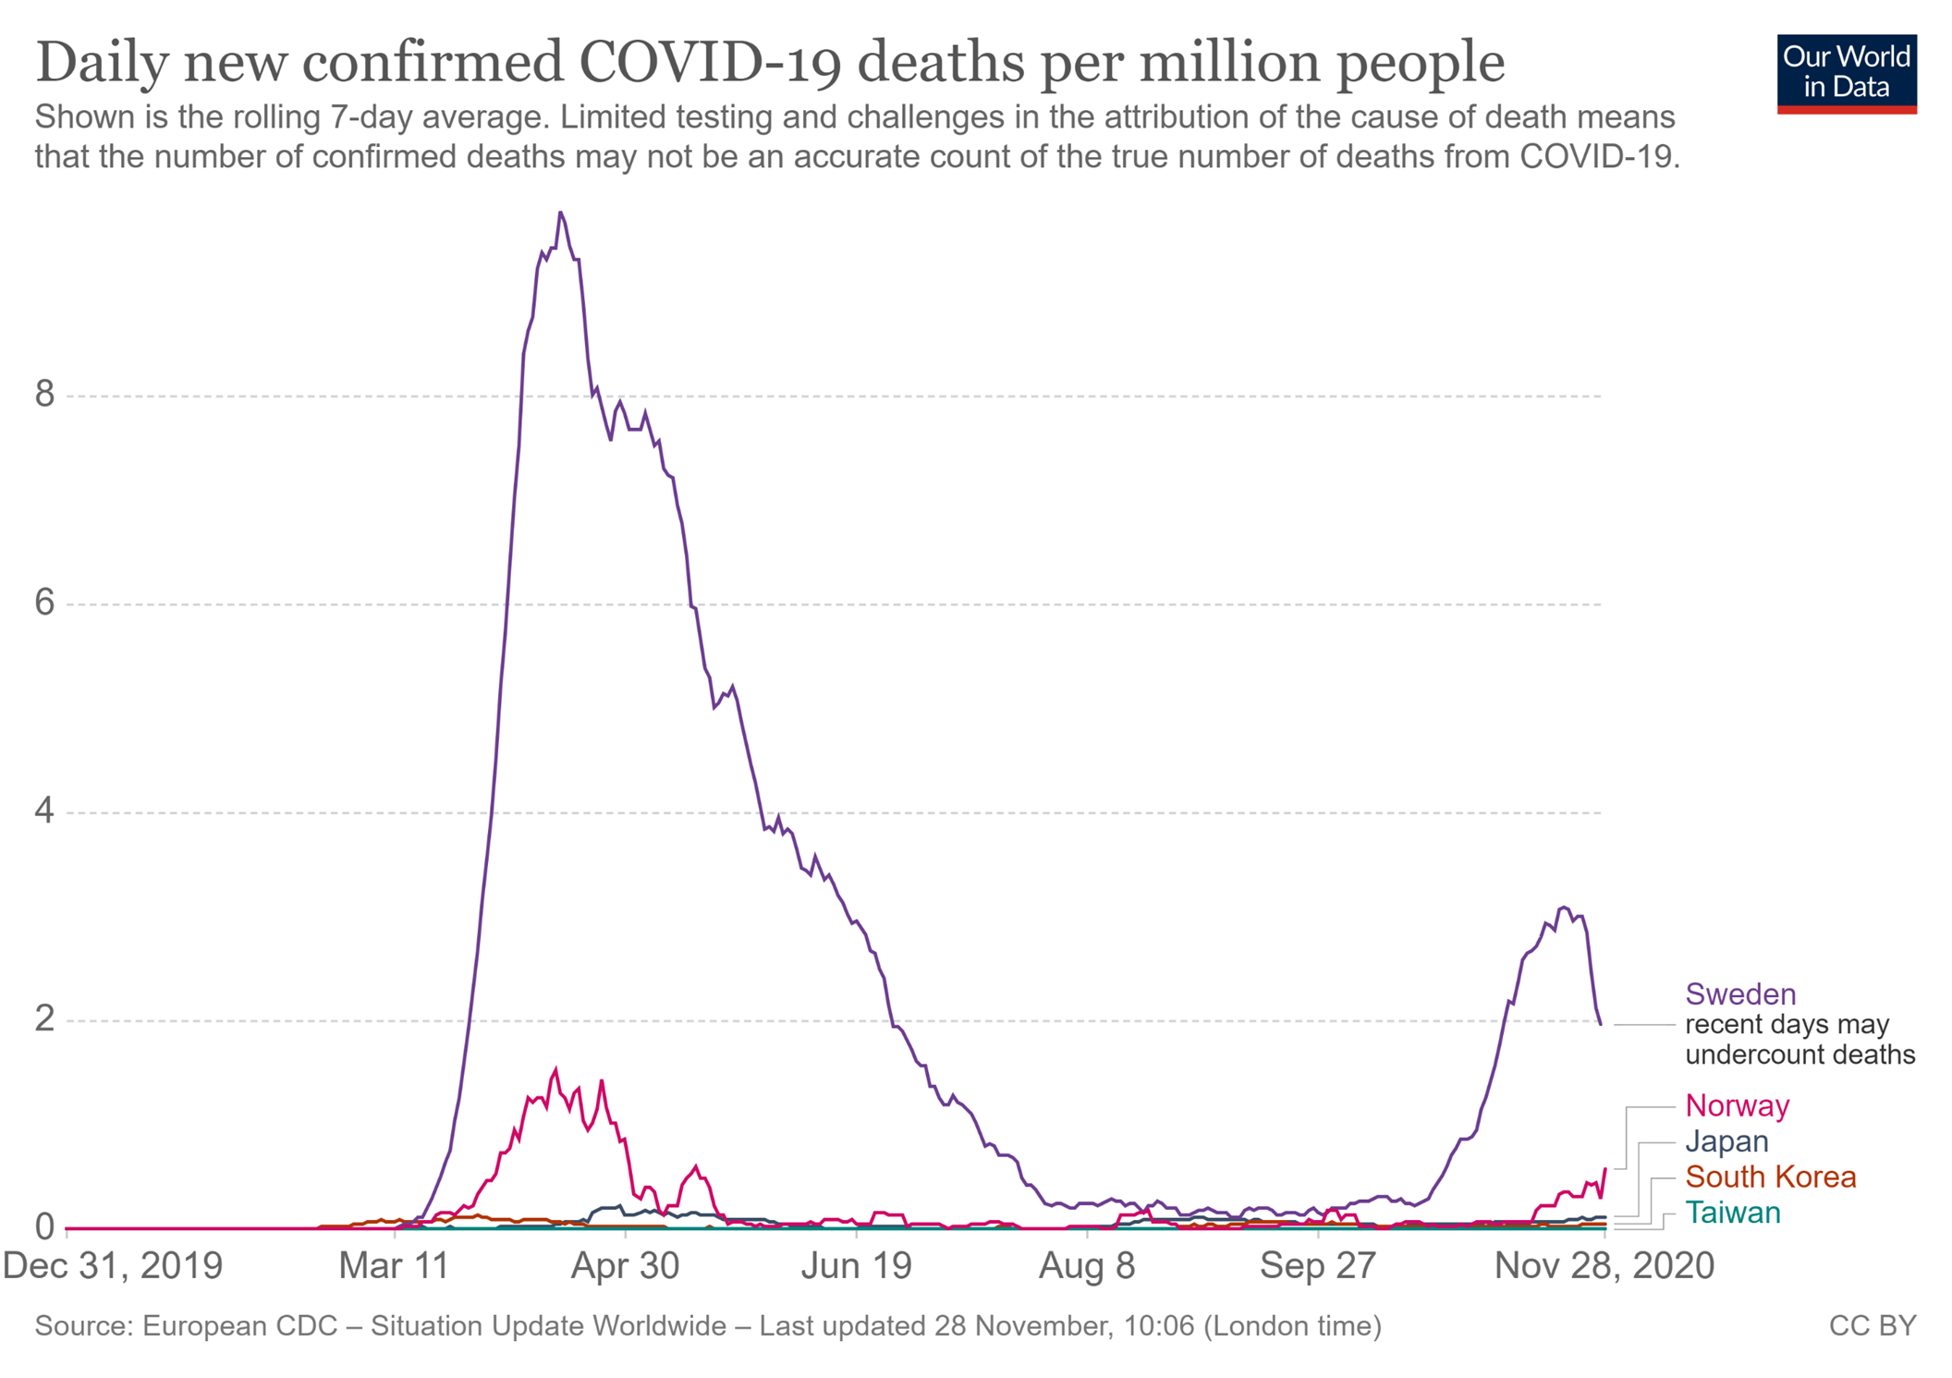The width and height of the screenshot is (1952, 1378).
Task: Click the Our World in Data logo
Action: click(1846, 73)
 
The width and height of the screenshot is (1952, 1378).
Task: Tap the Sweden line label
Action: click(1740, 994)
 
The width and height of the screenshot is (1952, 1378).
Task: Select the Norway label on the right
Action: click(1738, 1105)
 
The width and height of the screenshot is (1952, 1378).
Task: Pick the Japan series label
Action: click(1726, 1141)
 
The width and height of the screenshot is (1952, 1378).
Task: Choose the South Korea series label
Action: click(1770, 1177)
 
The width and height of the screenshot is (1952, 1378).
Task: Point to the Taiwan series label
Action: click(1732, 1213)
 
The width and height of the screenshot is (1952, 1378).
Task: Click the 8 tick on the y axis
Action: click(45, 396)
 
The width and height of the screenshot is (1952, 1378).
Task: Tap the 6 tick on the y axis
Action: click(45, 604)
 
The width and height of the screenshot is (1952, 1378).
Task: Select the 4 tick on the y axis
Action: click(45, 812)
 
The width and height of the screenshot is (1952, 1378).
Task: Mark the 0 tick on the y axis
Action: click(45, 1227)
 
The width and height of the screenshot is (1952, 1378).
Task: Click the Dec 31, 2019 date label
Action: click(113, 1265)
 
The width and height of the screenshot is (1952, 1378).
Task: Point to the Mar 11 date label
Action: click(395, 1265)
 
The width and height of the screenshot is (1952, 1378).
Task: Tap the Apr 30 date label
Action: click(625, 1265)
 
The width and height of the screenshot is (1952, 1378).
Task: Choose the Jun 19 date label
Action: click(857, 1265)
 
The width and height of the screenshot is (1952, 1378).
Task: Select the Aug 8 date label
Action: click(1087, 1265)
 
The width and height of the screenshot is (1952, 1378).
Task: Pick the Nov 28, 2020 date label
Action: click(1604, 1265)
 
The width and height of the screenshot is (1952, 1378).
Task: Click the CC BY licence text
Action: click(1873, 1326)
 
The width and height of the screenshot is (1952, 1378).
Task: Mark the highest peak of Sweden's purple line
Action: click(560, 213)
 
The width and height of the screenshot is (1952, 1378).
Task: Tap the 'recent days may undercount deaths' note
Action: click(1799, 1040)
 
